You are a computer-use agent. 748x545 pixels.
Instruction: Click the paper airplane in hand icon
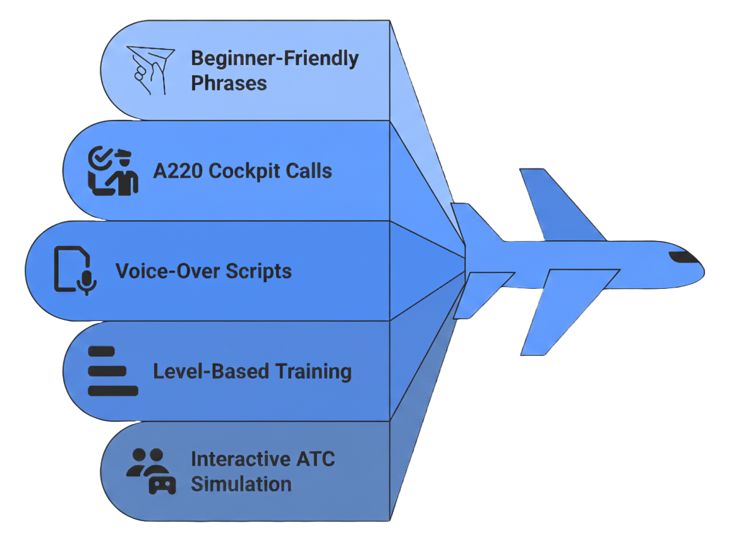[150, 70]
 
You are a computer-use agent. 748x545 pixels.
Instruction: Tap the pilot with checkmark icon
[112, 170]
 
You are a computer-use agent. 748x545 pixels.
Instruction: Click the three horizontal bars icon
[112, 371]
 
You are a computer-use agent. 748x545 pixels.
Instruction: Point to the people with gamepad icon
[150, 471]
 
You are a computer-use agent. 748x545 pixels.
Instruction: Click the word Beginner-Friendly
[274, 59]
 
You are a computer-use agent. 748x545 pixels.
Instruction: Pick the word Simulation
[241, 484]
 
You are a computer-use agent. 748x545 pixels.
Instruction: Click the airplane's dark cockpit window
[682, 257]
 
